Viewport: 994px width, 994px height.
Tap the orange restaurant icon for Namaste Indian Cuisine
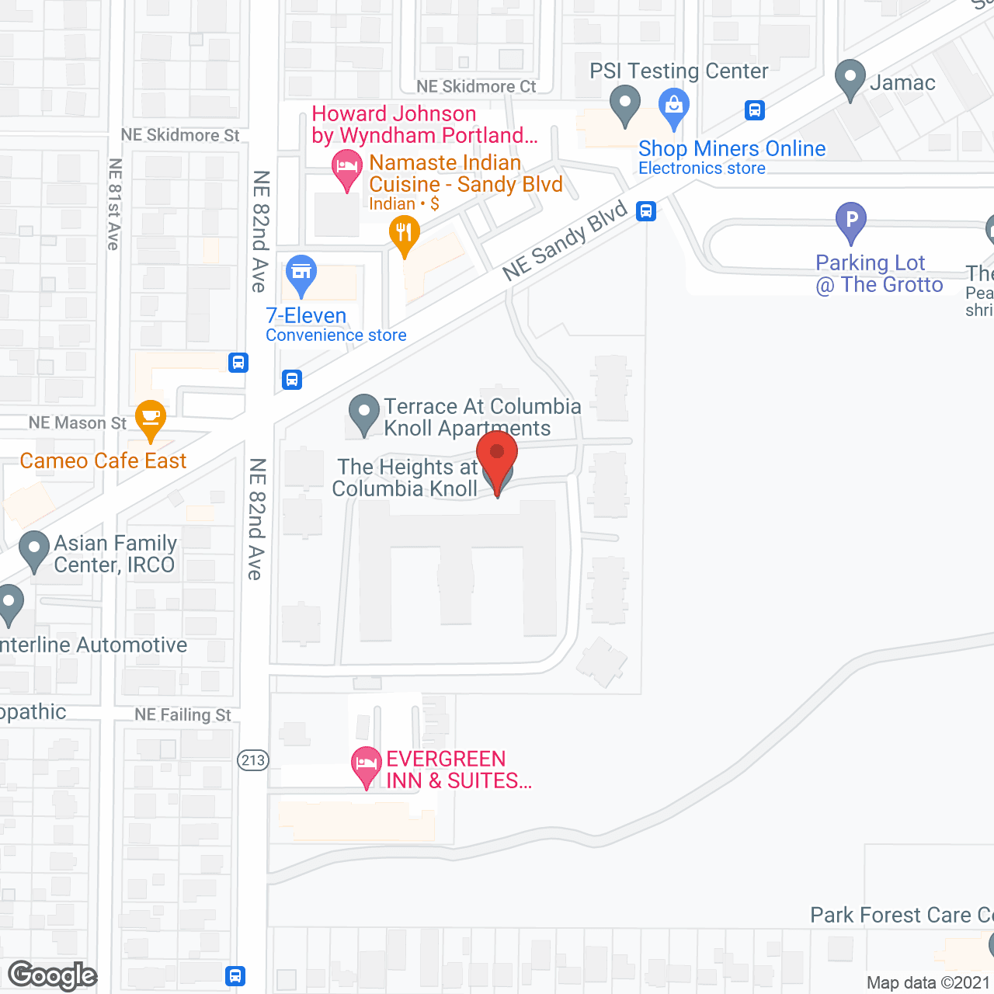pos(404,234)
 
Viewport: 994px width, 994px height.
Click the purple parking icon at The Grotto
pos(851,221)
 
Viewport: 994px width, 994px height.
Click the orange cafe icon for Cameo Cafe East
pos(150,418)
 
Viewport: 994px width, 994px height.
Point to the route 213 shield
pos(253,760)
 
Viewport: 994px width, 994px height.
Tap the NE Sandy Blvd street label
pos(565,241)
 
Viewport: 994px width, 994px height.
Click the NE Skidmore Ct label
pos(476,86)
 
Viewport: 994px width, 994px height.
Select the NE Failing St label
pos(182,714)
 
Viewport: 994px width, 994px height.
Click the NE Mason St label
pos(77,423)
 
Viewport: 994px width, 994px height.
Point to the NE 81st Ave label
pos(115,204)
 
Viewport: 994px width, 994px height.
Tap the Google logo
pos(53,975)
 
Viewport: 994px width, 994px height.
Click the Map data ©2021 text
pos(929,982)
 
